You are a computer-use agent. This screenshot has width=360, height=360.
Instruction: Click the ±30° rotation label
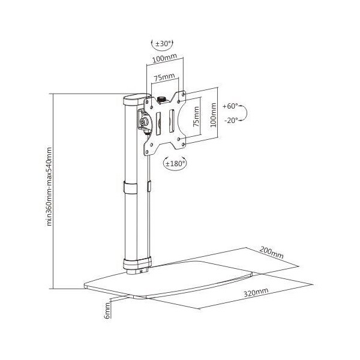(x=163, y=43)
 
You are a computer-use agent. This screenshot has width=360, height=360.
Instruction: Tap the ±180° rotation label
(x=175, y=163)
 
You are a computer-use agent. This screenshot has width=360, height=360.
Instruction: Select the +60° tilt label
(x=230, y=106)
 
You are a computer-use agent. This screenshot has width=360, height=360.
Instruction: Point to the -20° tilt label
(x=230, y=121)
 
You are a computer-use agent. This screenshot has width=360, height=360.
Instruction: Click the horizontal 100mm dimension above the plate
(x=164, y=58)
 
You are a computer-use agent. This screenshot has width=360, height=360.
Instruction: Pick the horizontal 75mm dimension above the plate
(x=164, y=77)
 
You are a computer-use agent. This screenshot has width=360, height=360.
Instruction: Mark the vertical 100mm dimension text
(x=213, y=115)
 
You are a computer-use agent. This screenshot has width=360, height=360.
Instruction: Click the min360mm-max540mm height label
(x=49, y=187)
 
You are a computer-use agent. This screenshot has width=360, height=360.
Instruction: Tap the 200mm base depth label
(x=271, y=253)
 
